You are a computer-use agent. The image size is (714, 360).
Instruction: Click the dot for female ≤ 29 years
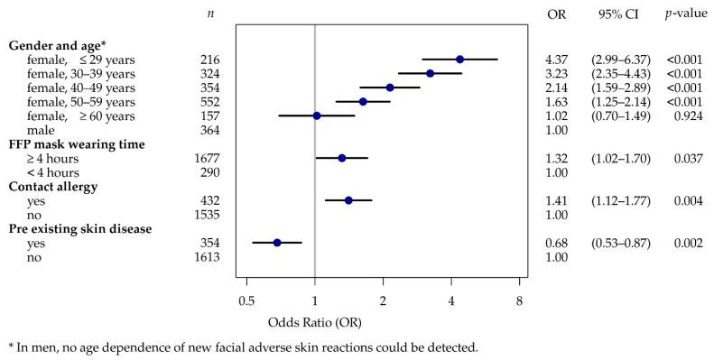pyautogui.click(x=459, y=60)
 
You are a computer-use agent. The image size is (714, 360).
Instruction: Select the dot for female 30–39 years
pyautogui.click(x=430, y=74)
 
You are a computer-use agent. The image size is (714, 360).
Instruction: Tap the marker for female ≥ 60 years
pyautogui.click(x=316, y=115)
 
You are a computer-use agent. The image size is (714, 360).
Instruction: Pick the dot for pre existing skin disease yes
pyautogui.click(x=277, y=243)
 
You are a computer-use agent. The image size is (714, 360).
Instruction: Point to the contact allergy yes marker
pyautogui.click(x=348, y=200)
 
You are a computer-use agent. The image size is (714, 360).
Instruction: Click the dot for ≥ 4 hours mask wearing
pyautogui.click(x=342, y=158)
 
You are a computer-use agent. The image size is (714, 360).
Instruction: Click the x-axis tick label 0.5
pyautogui.click(x=246, y=300)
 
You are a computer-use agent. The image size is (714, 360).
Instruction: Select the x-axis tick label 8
pyautogui.click(x=519, y=300)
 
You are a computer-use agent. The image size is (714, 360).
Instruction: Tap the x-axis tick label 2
pyautogui.click(x=383, y=300)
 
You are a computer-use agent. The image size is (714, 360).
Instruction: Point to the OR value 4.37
pyautogui.click(x=558, y=60)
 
